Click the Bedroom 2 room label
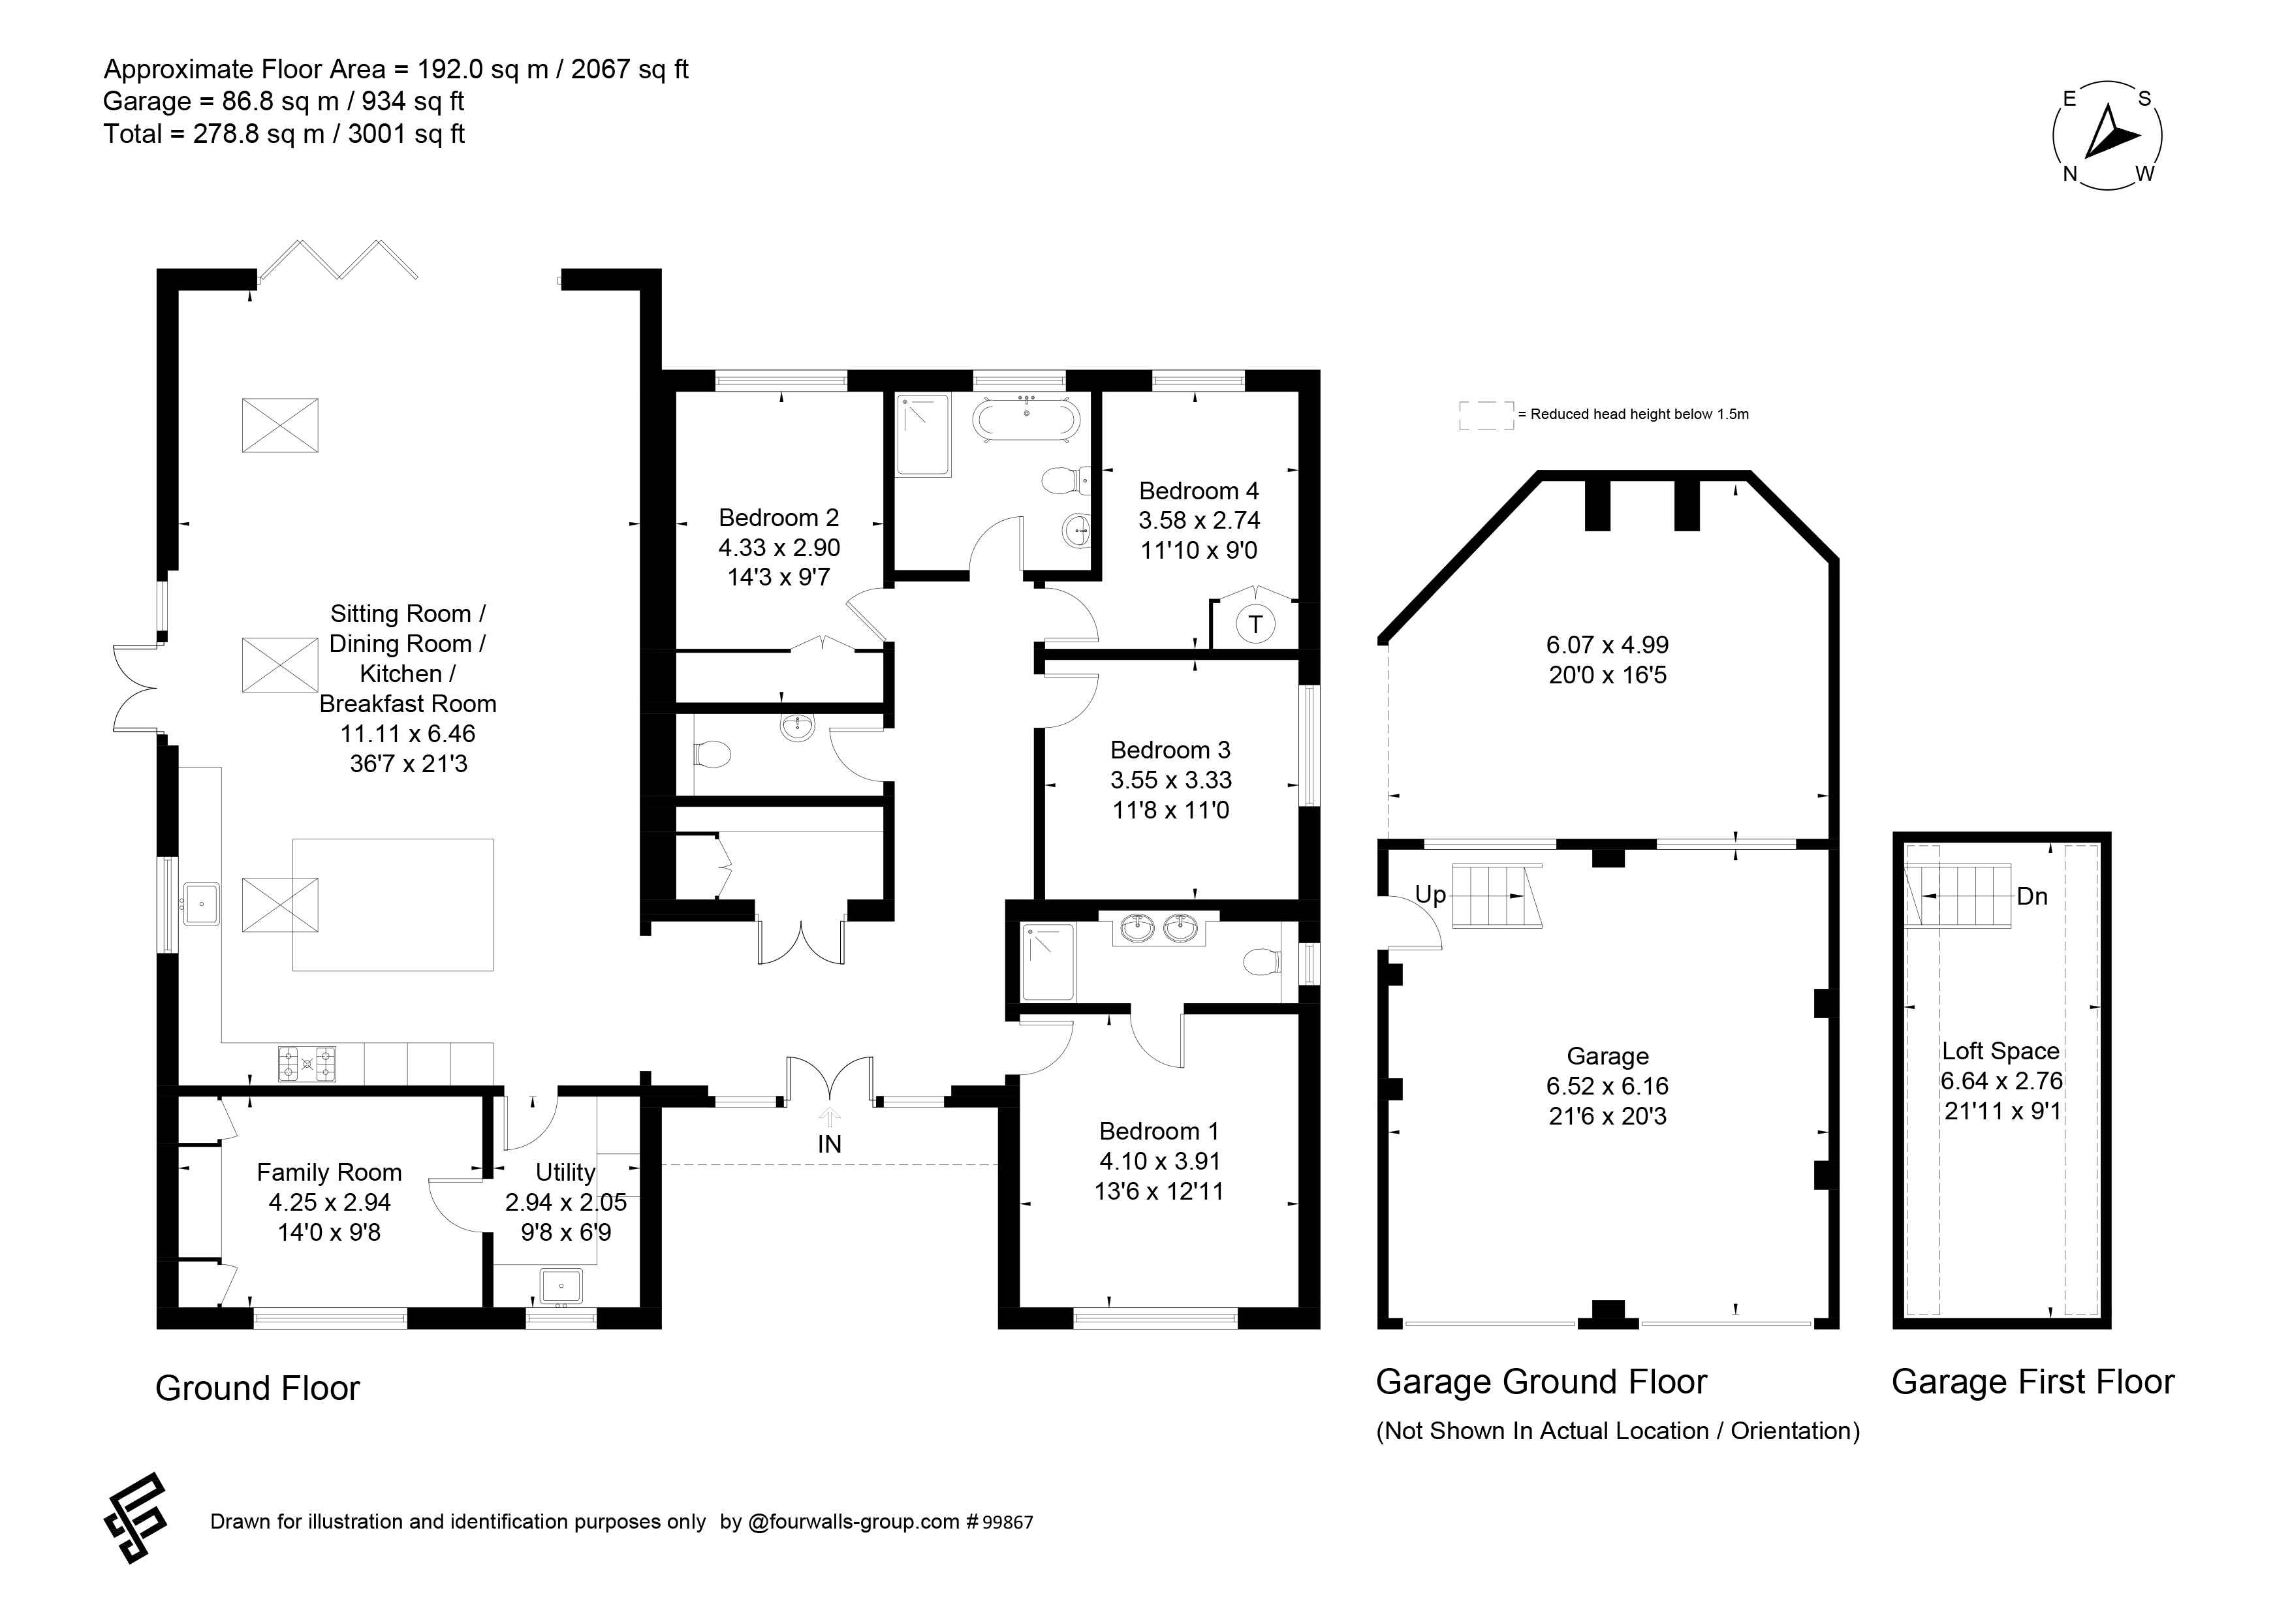[779, 518]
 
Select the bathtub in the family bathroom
[1026, 419]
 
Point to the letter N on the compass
[2069, 174]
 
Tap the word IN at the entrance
[830, 1144]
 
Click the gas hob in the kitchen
[307, 1064]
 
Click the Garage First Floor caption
[2033, 1382]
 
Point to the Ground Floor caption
[257, 1388]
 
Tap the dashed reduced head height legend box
[1486, 416]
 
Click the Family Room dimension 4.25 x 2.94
[329, 1202]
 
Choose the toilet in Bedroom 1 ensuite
[1262, 963]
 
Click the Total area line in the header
[283, 134]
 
